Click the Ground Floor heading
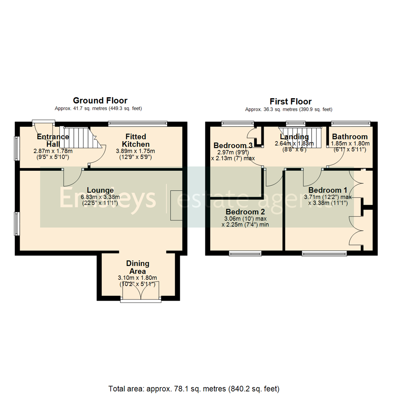100,100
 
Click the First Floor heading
290,101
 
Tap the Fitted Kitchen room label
136,140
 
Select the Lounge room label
100,190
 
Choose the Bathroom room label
349,137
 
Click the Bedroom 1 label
328,190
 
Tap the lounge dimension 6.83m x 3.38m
100,197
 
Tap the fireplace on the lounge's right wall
176,205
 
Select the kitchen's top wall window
138,124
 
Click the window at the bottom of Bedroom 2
245,252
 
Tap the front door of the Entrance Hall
43,123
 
